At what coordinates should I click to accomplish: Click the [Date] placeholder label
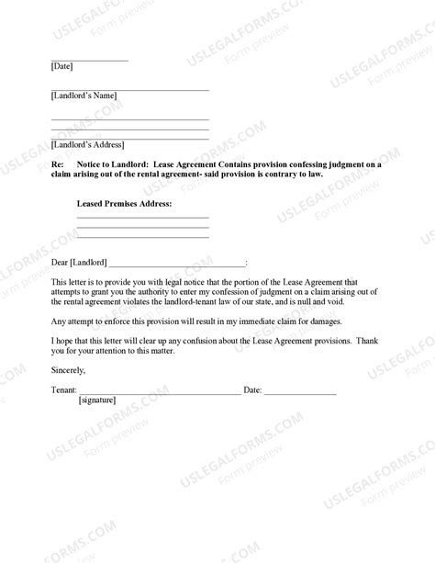(62, 67)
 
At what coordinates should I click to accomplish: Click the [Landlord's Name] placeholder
(84, 96)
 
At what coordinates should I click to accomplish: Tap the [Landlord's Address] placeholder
(87, 144)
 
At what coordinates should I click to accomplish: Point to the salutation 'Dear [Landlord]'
(78, 263)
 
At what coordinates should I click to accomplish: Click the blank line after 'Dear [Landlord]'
(176, 265)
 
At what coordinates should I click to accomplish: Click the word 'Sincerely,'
(68, 370)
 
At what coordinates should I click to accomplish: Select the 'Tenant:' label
(64, 390)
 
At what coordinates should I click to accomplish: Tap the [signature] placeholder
(102, 401)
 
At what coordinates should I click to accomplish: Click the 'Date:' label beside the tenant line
(252, 390)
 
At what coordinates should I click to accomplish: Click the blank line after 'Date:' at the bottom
(300, 392)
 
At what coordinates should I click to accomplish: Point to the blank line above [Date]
(89, 60)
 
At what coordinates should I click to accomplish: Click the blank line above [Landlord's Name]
(129, 89)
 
